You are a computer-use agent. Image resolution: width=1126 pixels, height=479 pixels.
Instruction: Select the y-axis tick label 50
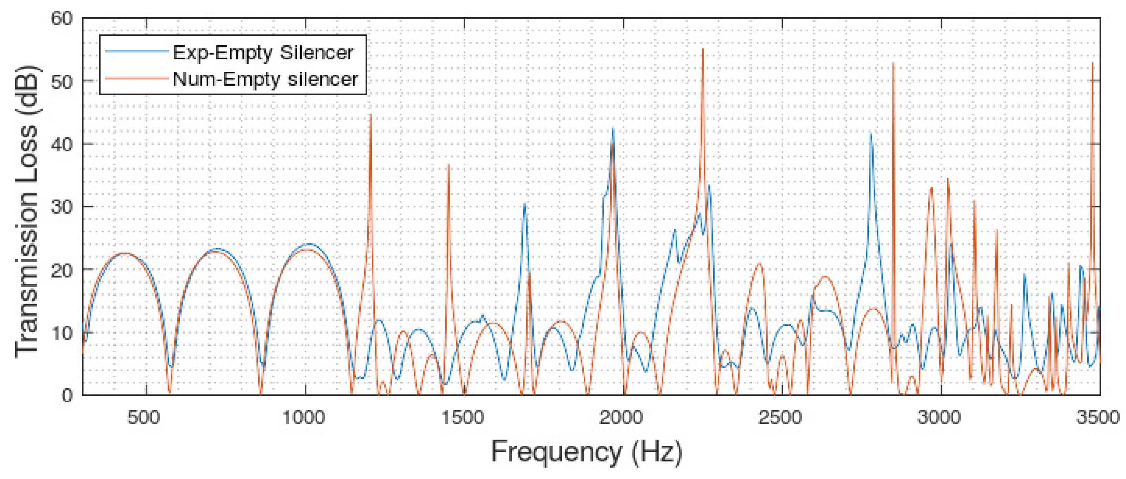click(x=62, y=82)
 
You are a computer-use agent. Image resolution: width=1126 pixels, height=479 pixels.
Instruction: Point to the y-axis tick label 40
click(x=62, y=145)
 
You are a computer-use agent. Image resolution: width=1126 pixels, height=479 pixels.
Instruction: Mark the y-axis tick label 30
click(x=62, y=207)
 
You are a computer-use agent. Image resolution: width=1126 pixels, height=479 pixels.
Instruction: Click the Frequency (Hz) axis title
click(x=586, y=452)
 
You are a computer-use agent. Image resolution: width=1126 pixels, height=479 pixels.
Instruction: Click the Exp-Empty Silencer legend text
click(x=263, y=53)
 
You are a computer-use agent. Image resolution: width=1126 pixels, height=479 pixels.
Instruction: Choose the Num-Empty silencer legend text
click(x=265, y=79)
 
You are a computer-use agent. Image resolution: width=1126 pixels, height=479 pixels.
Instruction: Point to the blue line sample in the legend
click(x=137, y=51)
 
